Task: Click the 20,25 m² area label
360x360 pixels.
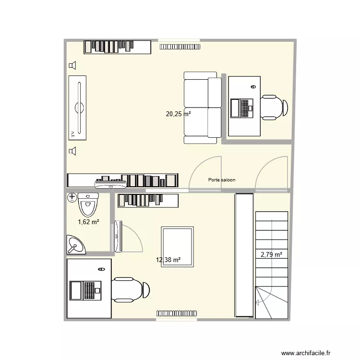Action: point(178,114)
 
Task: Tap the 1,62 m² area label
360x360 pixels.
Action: point(88,222)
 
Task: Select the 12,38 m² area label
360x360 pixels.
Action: point(168,260)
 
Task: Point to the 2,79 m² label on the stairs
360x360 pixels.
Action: point(271,255)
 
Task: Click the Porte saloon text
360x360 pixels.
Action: point(222,180)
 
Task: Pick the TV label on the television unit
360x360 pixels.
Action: point(73,133)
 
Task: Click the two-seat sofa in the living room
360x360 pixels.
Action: point(202,108)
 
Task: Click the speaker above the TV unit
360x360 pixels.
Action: point(72,65)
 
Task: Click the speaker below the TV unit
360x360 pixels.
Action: point(72,152)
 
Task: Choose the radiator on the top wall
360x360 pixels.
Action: point(180,47)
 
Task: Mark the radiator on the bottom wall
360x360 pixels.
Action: point(176,313)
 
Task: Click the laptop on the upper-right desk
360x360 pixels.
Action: point(241,108)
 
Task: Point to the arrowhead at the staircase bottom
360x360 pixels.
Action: point(258,302)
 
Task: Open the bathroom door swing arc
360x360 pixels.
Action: point(132,235)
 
